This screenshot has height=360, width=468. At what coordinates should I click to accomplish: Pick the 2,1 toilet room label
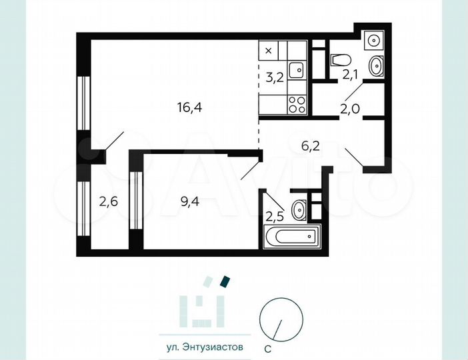(351, 75)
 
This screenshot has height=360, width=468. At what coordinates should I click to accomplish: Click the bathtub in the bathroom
(292, 236)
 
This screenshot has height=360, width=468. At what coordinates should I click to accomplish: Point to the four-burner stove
(297, 103)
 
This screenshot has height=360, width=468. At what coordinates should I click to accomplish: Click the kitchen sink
(299, 69)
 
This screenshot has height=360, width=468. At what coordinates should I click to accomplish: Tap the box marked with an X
(269, 50)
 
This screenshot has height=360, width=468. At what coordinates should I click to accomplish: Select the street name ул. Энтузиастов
(200, 347)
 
